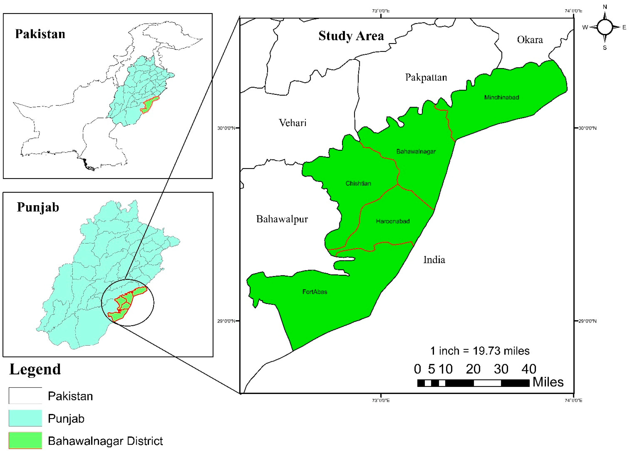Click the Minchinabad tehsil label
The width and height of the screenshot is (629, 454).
tap(502, 97)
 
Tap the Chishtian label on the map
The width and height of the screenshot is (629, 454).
tap(358, 183)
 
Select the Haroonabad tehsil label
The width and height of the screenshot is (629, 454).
tap(393, 221)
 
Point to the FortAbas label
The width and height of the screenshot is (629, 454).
tap(314, 292)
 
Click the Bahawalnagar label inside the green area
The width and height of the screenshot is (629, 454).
tap(416, 151)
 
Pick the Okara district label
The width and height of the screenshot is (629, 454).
tap(530, 40)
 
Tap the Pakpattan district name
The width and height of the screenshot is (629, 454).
tap(426, 77)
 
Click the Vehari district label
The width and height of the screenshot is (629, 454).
tap(293, 122)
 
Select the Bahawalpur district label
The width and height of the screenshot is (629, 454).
tap(282, 219)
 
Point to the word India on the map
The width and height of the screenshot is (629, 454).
tap(434, 260)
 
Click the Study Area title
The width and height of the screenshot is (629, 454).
tap(351, 36)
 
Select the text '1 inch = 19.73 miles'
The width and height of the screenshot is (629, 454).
tap(480, 351)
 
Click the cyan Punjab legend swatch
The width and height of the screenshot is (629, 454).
tap(25, 418)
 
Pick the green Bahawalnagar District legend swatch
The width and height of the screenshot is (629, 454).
tap(25, 440)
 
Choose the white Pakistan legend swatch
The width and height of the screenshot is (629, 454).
tap(25, 395)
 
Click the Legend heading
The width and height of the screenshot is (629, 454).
tap(35, 370)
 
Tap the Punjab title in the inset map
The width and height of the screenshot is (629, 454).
tap(38, 207)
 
